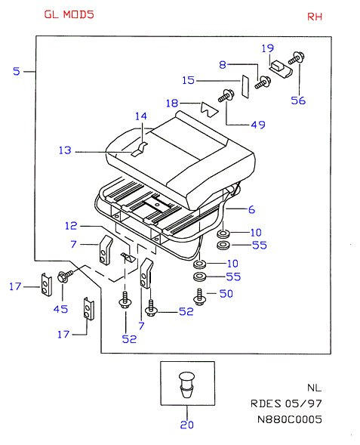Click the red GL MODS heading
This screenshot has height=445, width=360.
click(69, 14)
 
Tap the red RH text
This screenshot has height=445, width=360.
click(315, 17)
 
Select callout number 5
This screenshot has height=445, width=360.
click(17, 71)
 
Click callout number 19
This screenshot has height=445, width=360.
click(268, 48)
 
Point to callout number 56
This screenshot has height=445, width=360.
click(298, 100)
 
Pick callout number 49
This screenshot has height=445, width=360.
click(258, 125)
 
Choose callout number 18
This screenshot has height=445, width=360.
click(172, 104)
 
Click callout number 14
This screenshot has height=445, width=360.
click(141, 116)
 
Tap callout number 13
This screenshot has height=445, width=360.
click(65, 150)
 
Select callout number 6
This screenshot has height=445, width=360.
click(251, 210)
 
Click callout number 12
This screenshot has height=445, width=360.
click(71, 226)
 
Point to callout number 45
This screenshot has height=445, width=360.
click(60, 309)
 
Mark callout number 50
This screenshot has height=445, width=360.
click(226, 293)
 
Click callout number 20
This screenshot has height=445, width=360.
click(187, 425)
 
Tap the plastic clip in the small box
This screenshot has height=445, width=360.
click(187, 385)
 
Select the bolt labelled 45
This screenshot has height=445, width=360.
click(65, 276)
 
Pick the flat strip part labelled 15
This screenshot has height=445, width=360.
click(245, 87)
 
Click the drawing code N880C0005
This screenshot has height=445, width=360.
click(290, 419)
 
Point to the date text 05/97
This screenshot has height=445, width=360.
click(303, 403)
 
